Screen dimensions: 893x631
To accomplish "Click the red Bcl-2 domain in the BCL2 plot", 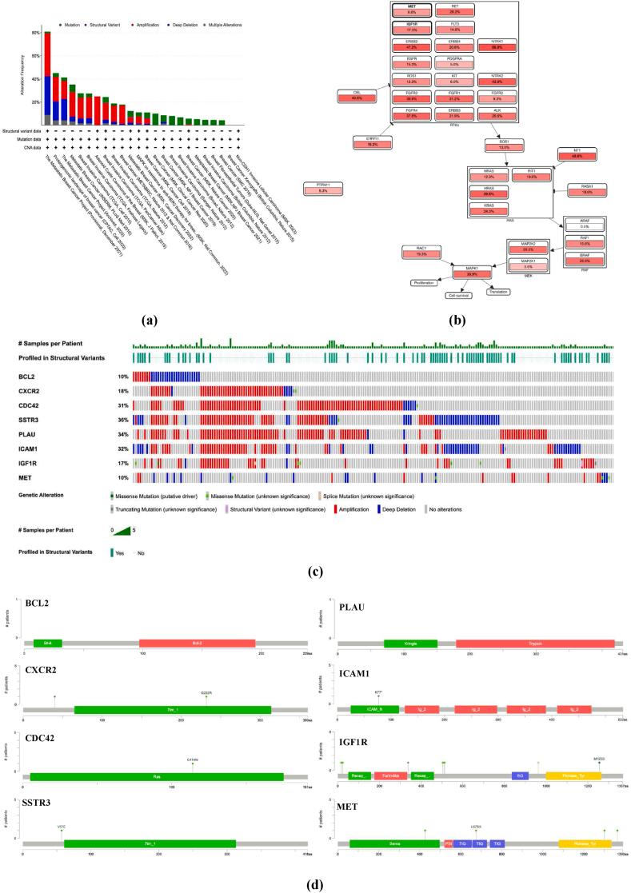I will coord(197,643).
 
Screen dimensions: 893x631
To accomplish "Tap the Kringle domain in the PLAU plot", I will coord(410,643).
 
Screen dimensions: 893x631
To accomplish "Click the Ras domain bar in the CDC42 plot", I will coord(157,776).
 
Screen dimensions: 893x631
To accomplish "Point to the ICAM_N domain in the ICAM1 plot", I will coord(374,709).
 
